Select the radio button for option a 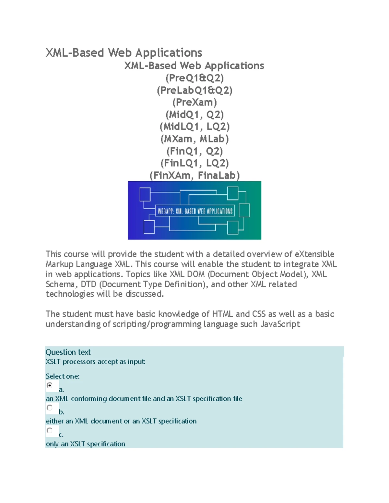coord(50,385)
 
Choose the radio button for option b coord(50,408)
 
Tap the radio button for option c coord(50,430)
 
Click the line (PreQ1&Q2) coord(194,78)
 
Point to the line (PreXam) coord(194,102)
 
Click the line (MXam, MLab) coord(194,139)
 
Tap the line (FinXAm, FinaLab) coord(194,176)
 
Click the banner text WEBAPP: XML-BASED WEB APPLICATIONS coord(195,211)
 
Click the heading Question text coord(68,352)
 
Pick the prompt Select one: coord(63,376)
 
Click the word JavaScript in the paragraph coord(280,324)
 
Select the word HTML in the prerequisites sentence coord(222,314)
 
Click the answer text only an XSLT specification coord(86,444)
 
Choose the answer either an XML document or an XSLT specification coord(121,421)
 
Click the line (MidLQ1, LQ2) coord(194,127)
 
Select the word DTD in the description coord(88,284)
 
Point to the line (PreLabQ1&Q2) coord(194,90)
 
